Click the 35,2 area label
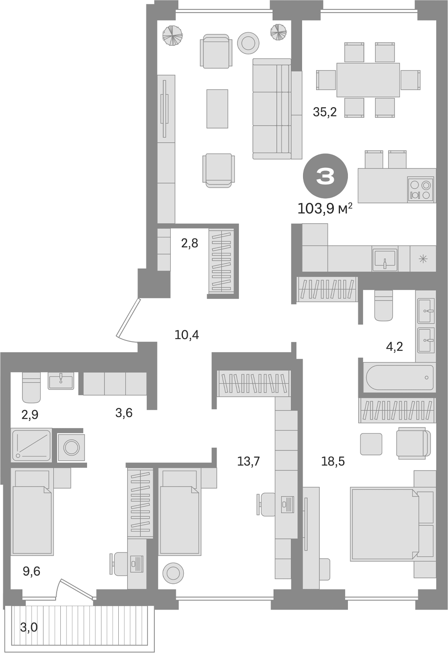point(325,112)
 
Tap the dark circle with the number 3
point(325,176)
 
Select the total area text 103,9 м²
point(325,209)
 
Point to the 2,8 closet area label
point(190,243)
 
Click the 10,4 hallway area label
point(187,335)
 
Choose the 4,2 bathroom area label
point(395,347)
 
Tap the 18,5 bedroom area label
point(333,462)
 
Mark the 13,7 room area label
point(248,462)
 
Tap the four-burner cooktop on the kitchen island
point(421,189)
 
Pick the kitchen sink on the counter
point(385,259)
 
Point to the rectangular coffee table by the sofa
point(217,109)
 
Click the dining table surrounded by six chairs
point(368,80)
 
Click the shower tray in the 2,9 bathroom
point(31,445)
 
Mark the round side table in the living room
point(248,43)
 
